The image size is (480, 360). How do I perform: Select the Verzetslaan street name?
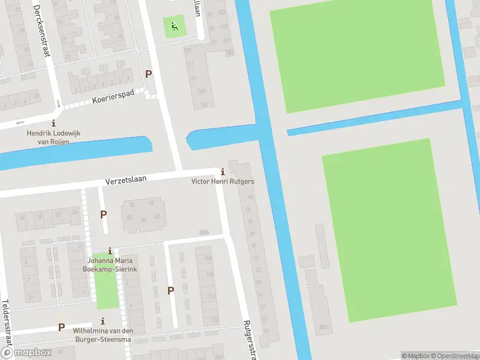click(x=130, y=179)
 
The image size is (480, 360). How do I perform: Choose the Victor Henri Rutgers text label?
click(x=223, y=181)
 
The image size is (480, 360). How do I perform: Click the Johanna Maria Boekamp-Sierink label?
click(x=110, y=265)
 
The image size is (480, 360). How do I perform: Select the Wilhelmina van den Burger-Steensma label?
click(x=102, y=335)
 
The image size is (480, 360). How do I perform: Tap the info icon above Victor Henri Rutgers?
click(x=223, y=172)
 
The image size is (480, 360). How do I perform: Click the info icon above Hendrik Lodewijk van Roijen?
click(x=53, y=123)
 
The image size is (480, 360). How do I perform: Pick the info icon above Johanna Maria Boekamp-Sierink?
click(x=110, y=251)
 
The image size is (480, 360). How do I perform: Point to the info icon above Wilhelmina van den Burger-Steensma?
click(x=103, y=321)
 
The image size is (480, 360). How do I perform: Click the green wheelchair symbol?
click(x=174, y=26)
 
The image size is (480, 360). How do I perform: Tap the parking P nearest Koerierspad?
click(x=148, y=74)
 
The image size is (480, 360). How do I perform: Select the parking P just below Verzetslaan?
click(x=104, y=214)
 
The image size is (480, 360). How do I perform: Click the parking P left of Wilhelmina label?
click(x=61, y=327)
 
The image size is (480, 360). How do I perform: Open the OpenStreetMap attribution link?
click(x=454, y=356)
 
